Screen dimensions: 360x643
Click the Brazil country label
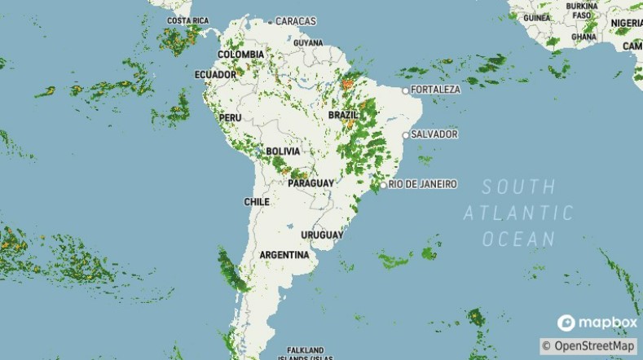tap(343, 116)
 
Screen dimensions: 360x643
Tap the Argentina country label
tap(284, 255)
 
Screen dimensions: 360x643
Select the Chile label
tap(257, 201)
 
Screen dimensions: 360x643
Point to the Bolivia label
tap(283, 151)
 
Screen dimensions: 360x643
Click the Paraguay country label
tap(310, 183)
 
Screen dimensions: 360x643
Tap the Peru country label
tap(231, 118)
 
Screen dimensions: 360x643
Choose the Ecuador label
tap(215, 74)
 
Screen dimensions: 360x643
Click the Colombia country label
tap(240, 55)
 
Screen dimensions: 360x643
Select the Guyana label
tap(308, 42)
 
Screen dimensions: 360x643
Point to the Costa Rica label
tap(187, 20)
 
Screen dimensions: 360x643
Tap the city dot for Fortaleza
tap(405, 90)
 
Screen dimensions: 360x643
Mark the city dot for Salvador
tap(405, 134)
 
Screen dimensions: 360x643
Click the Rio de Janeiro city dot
tap(383, 185)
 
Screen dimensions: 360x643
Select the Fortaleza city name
tap(436, 89)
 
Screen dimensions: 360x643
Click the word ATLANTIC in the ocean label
tap(519, 213)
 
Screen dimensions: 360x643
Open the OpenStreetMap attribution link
tap(588, 346)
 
